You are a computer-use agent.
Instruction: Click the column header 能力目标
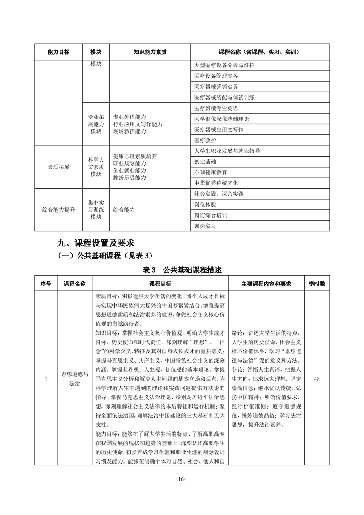tap(58, 52)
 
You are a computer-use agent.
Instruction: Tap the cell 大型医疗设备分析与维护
tap(224, 65)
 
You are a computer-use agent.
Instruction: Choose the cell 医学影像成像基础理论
tap(221, 119)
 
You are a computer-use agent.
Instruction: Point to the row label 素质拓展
tap(58, 167)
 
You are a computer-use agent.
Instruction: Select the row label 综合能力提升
tap(58, 210)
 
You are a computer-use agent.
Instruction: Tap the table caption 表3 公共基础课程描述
tap(182, 270)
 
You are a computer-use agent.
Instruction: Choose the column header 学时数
tap(316, 284)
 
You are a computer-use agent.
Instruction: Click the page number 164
tap(182, 466)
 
